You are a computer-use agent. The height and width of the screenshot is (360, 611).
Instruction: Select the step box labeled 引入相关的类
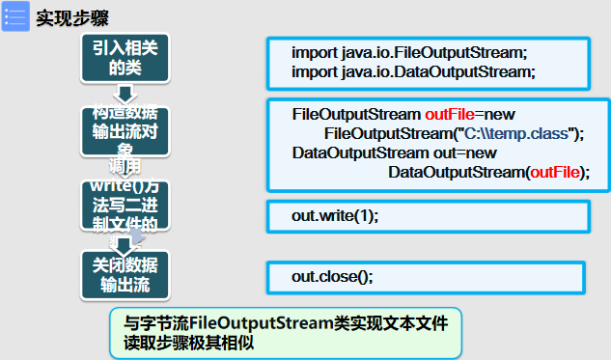click(x=123, y=58)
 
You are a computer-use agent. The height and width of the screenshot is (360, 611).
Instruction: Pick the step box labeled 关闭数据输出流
click(x=123, y=273)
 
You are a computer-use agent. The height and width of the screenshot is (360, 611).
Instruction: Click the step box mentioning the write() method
click(x=123, y=205)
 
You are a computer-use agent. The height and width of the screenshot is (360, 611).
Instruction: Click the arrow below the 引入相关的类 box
click(x=123, y=94)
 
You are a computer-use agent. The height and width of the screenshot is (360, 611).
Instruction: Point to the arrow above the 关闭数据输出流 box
click(x=123, y=244)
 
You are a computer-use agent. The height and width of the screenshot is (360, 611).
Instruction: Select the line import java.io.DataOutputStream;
click(x=413, y=71)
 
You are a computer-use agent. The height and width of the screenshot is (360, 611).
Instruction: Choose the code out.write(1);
click(x=335, y=215)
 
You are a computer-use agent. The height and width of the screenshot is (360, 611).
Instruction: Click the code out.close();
click(x=332, y=276)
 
